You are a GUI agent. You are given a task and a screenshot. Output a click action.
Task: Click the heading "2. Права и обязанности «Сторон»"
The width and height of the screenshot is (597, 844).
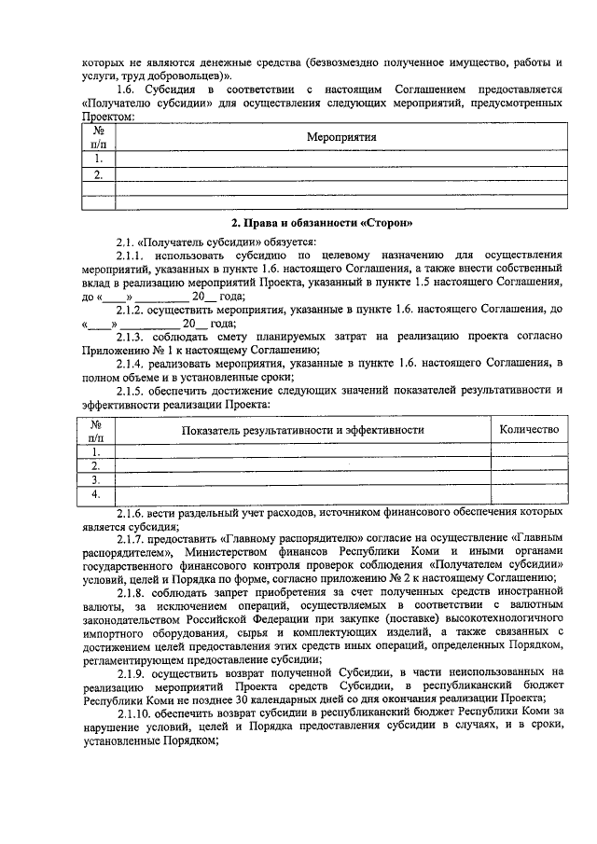click(x=321, y=223)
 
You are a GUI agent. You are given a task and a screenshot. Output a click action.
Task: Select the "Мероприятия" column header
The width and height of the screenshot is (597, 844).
click(x=340, y=137)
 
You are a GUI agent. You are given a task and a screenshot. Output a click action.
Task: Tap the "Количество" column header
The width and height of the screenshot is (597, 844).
click(x=529, y=429)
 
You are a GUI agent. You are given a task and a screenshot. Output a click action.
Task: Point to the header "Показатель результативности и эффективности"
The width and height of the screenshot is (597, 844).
click(x=303, y=429)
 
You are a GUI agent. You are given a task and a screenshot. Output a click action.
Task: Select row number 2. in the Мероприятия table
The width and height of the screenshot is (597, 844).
click(x=98, y=173)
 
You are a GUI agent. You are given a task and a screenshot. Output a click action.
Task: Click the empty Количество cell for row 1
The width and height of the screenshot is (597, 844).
click(x=529, y=450)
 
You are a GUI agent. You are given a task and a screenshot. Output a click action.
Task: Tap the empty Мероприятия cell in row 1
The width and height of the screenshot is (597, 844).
click(x=340, y=159)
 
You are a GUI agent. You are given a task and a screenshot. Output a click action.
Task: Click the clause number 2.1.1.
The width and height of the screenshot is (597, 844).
click(x=132, y=255)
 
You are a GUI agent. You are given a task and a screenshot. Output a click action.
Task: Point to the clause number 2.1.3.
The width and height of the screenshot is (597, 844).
click(x=132, y=336)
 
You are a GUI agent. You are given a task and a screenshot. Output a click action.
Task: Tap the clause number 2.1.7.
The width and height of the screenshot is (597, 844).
click(x=132, y=539)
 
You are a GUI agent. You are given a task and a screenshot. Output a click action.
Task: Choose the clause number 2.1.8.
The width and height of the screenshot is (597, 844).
click(x=132, y=593)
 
